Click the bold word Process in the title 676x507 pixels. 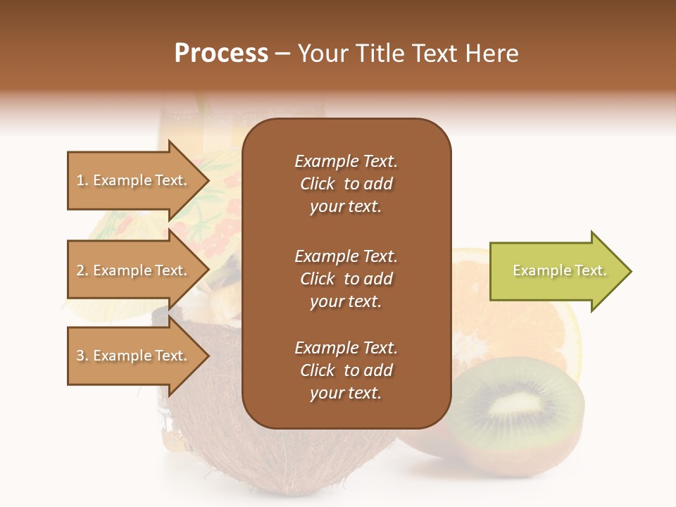pos(221,54)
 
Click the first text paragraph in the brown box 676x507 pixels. pos(346,184)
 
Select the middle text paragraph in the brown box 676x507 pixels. pos(346,279)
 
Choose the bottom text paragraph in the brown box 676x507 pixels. pos(346,370)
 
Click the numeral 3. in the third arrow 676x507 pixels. pos(82,356)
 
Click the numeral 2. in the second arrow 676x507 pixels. pos(82,270)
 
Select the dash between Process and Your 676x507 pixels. pos(283,54)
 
